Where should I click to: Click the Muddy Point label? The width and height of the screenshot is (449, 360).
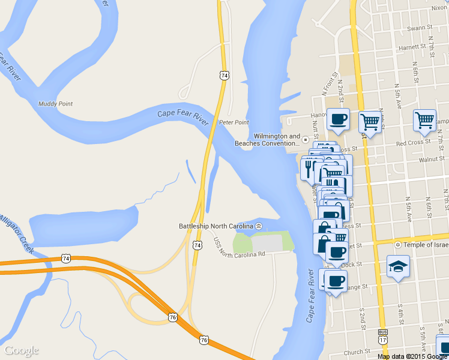55,104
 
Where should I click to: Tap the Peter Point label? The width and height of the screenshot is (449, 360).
234,122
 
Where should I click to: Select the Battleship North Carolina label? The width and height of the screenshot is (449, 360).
216,226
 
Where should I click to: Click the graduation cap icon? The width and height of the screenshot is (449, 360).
397,267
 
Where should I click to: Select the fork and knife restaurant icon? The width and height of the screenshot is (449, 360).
309,167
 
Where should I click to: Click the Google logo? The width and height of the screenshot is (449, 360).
21,350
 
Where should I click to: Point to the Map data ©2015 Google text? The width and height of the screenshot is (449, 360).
412,356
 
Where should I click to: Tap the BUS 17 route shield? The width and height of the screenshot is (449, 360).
382,336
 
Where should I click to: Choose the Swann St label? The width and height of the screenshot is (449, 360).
420,28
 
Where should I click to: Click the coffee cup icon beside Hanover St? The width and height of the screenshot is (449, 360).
339,119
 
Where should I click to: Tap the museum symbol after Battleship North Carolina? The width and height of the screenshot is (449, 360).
258,226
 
